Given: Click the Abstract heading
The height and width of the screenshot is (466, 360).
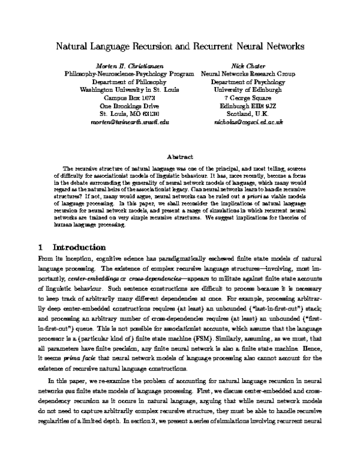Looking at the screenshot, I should pyautogui.click(x=179, y=156).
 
